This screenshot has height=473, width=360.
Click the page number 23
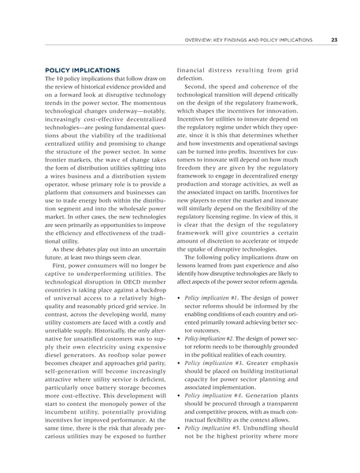click(x=334, y=40)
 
